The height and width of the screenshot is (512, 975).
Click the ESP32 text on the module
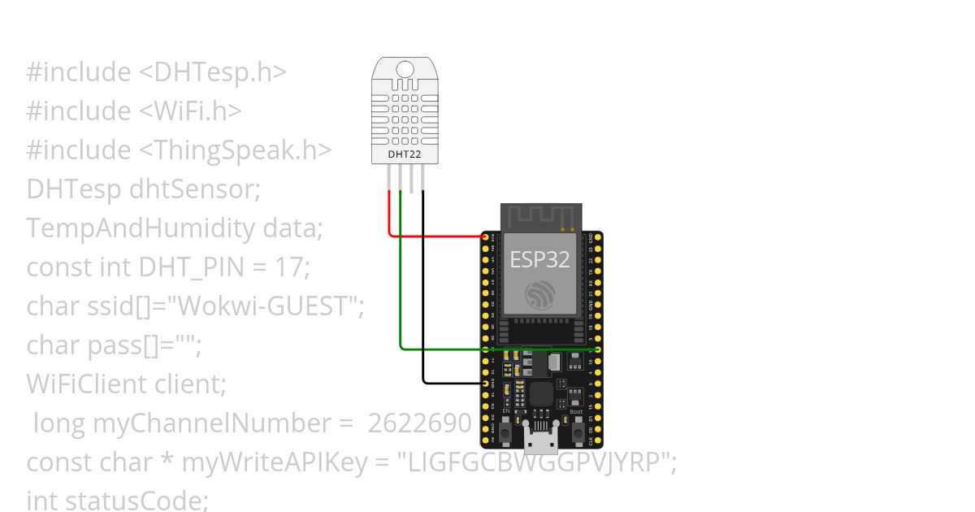point(539,259)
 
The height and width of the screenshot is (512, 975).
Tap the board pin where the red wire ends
point(485,237)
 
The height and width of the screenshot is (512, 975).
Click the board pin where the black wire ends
point(485,383)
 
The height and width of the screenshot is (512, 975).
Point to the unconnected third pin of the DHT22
point(412,179)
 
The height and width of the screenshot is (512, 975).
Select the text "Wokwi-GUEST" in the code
point(269,306)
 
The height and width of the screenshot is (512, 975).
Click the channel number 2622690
point(419,423)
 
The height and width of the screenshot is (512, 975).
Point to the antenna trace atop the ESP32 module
point(539,215)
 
